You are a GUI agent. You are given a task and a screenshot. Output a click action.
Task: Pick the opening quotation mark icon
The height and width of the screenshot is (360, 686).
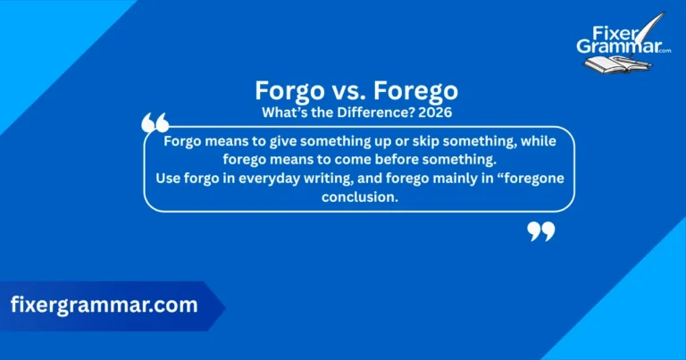coord(155,122)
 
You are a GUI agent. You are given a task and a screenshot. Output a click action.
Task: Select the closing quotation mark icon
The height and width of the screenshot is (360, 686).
coord(540,232)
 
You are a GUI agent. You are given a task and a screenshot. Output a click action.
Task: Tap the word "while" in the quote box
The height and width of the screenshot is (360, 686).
coord(541,142)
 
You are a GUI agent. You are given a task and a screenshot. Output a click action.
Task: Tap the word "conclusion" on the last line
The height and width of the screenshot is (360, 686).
coord(358,197)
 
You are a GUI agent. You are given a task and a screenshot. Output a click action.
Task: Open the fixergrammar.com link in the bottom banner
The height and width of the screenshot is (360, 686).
coord(105,305)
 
